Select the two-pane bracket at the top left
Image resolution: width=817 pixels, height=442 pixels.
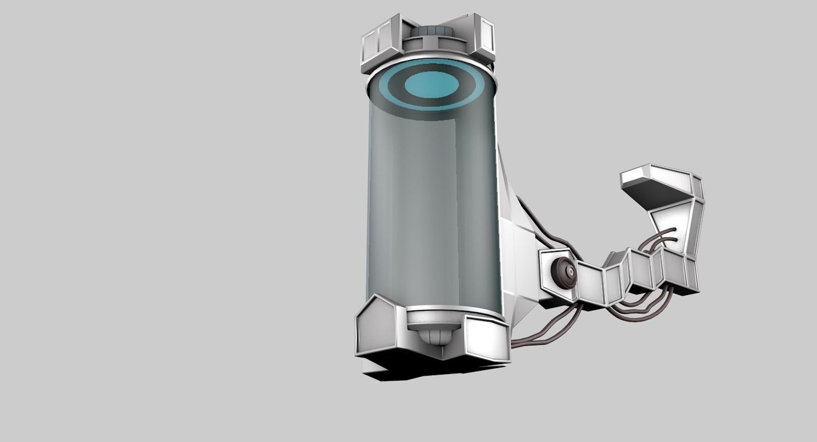point(376,43)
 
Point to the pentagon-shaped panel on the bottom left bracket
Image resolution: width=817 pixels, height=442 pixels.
point(376,329)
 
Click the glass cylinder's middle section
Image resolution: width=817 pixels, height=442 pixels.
point(433,210)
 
